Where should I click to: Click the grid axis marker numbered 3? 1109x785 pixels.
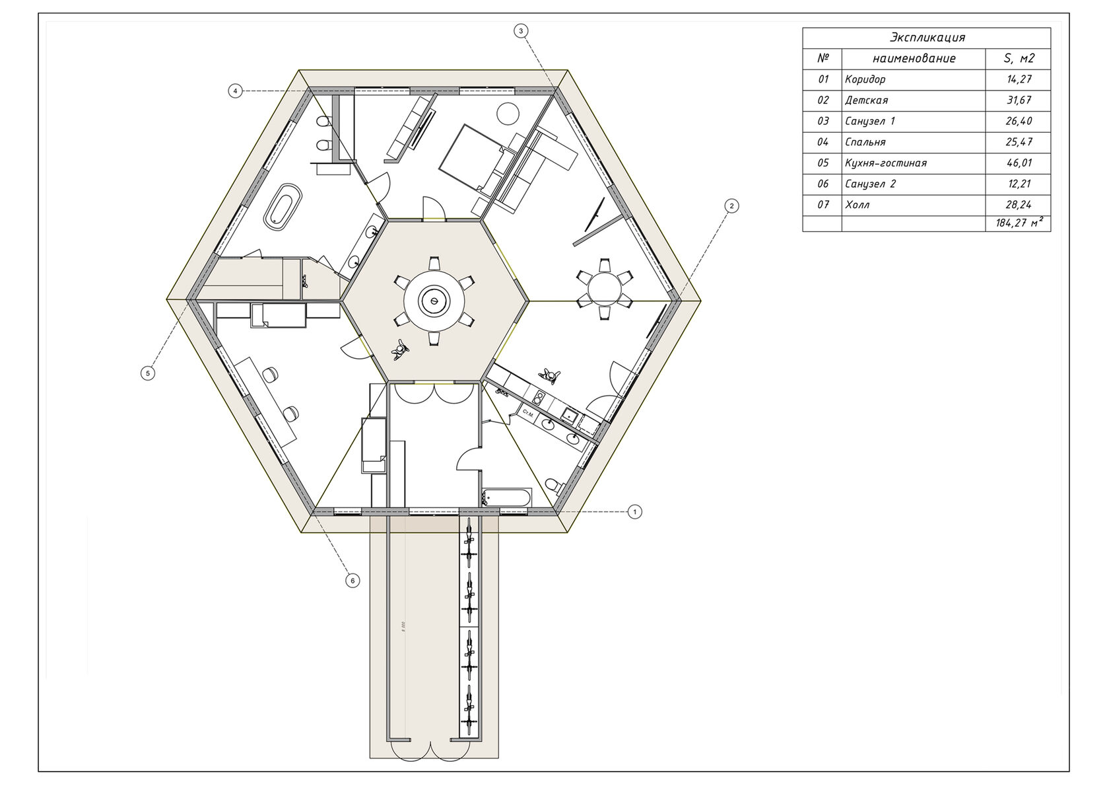520,31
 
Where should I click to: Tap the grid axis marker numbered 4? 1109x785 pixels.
236,91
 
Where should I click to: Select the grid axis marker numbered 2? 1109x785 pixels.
731,206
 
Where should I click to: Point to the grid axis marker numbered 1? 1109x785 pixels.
635,511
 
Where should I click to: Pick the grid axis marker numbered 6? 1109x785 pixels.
353,580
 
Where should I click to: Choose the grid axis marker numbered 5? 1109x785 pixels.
148,372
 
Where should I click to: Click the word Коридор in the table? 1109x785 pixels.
865,79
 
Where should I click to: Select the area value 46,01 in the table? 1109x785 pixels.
1019,163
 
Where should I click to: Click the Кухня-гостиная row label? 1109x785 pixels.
886,163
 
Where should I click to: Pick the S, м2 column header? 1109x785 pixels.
1019,58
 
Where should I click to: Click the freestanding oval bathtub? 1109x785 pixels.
283,207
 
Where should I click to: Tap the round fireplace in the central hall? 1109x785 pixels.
434,300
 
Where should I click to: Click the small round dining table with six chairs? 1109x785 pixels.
604,289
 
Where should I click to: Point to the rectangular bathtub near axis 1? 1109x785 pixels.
506,498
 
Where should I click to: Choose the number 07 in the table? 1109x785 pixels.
823,205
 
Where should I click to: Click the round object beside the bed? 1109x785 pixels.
508,113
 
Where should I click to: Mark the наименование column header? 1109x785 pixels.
914,58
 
